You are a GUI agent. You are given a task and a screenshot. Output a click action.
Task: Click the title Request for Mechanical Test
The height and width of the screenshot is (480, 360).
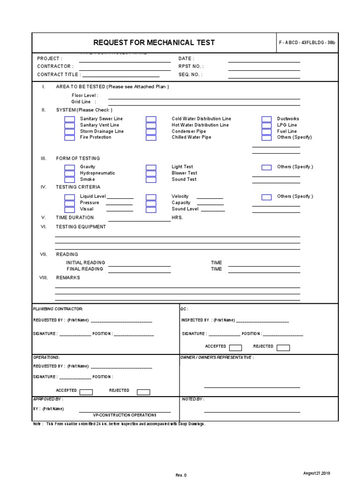pos(154,43)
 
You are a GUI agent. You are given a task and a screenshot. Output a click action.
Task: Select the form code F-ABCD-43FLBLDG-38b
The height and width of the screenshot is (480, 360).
pos(307,43)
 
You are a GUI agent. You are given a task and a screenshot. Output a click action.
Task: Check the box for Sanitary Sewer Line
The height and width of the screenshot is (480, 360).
pos(69,119)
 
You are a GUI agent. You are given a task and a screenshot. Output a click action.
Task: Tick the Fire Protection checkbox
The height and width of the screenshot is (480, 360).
pos(69,138)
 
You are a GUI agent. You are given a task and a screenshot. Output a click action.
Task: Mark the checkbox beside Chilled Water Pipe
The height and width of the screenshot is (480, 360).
pos(151,138)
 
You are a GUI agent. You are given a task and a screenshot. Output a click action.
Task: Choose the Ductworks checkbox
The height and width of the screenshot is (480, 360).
pos(266,119)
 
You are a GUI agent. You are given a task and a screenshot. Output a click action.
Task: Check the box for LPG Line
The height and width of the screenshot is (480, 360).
pos(266,126)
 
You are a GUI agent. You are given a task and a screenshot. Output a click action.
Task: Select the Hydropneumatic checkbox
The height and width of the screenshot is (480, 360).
pos(69,173)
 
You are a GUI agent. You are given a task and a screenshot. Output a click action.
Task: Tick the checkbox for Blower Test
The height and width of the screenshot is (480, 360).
pos(151,173)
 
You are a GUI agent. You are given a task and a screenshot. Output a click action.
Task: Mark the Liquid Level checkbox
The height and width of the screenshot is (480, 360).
pos(69,197)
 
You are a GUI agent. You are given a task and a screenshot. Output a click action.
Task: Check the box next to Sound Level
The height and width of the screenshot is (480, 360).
pos(151,210)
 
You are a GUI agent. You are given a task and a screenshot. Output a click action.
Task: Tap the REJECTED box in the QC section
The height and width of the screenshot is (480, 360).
pos(283,347)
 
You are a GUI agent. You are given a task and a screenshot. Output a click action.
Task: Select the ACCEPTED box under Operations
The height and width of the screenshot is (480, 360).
pos(86,392)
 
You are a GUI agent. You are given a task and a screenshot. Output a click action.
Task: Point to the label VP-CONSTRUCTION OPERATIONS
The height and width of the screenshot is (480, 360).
pos(125,415)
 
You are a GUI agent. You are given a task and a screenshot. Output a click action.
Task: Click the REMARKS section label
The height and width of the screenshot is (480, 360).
pos(68,277)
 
